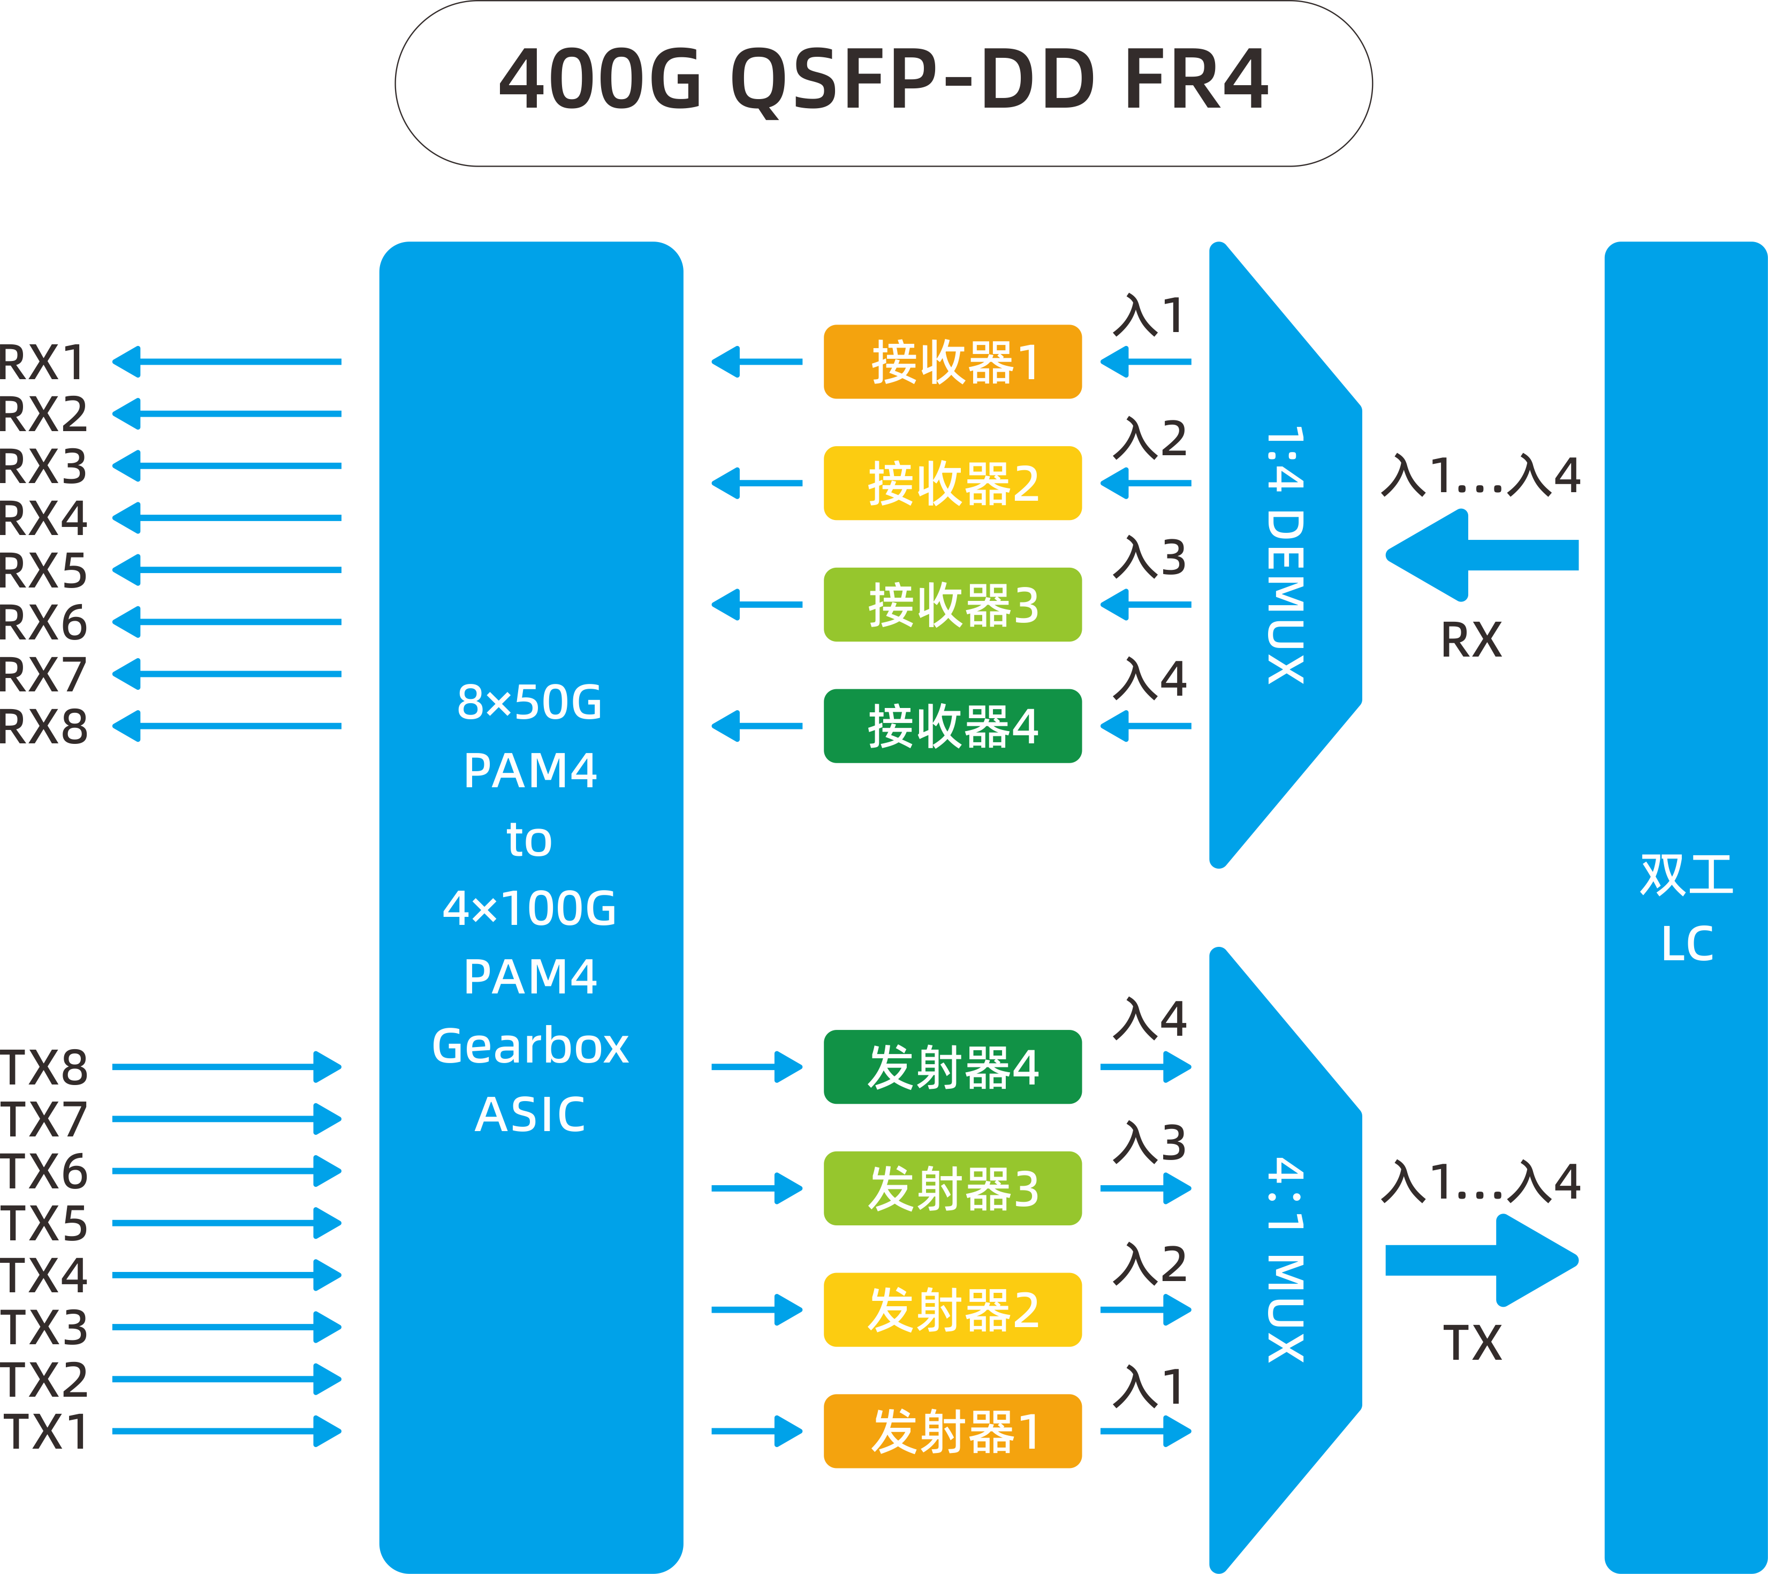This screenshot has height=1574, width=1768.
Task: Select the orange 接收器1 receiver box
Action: point(952,362)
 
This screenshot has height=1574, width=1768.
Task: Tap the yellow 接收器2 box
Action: point(952,483)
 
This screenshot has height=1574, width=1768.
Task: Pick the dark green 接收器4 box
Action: point(952,726)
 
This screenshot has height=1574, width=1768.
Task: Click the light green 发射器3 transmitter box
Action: point(952,1188)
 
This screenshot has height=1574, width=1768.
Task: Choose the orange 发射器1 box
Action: point(952,1430)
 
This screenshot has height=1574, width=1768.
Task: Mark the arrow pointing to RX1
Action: point(226,362)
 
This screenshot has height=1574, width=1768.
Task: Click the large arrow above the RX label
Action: point(1481,555)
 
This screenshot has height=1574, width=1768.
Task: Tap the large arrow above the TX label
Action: point(1481,1260)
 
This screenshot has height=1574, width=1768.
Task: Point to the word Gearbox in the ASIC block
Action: point(529,1045)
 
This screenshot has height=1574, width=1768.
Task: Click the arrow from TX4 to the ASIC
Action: point(226,1275)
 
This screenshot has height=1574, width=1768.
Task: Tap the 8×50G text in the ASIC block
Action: point(529,702)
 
